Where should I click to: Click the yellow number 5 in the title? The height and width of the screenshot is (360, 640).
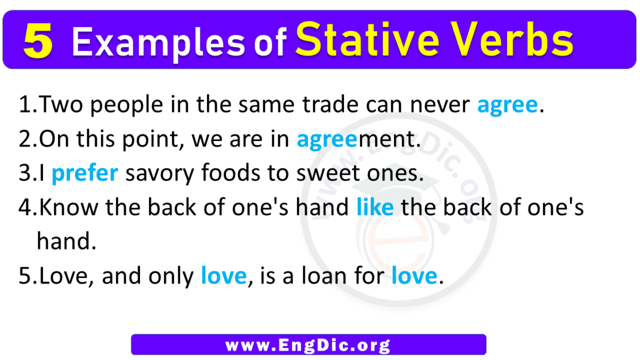[38, 43]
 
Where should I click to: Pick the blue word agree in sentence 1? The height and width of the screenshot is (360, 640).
[508, 106]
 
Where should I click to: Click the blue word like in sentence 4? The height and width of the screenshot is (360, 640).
[374, 208]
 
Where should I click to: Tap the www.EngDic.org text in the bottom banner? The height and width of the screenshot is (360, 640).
[308, 345]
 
